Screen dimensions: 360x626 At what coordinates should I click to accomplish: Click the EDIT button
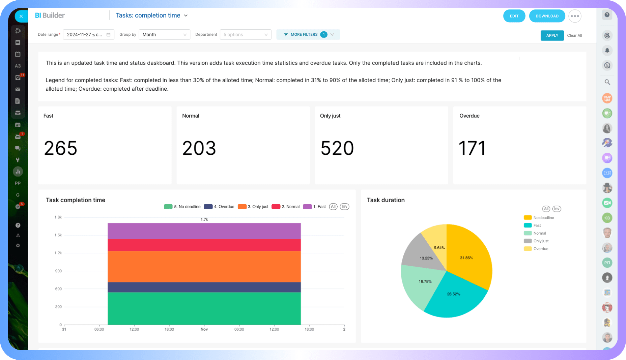[514, 16]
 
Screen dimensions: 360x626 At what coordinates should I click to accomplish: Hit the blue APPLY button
[552, 35]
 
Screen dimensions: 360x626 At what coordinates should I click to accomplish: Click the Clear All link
[574, 35]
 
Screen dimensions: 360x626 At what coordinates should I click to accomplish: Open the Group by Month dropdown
[164, 34]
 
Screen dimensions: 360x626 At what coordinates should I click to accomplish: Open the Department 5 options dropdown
[245, 34]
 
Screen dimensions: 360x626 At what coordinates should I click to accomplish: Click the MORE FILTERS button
[308, 34]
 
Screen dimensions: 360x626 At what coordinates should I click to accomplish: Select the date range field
[88, 34]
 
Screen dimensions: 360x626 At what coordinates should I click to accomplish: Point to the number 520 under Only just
[337, 148]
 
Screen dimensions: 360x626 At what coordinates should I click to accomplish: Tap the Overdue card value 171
[472, 148]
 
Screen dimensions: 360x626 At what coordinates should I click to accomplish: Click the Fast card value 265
[61, 148]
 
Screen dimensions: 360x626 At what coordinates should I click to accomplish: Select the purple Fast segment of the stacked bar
[204, 231]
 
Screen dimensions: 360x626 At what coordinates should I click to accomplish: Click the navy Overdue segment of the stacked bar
[204, 287]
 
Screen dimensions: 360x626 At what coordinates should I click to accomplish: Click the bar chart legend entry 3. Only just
[253, 207]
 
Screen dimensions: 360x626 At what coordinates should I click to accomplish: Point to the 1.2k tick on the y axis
[58, 253]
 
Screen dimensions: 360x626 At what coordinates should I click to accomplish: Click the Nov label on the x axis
[204, 329]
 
